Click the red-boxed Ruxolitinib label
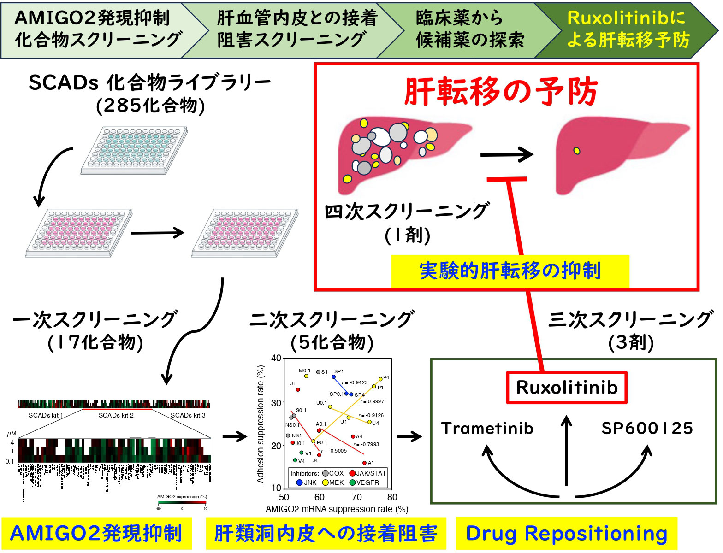(x=567, y=388)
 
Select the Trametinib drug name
(x=487, y=429)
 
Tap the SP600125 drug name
(x=647, y=429)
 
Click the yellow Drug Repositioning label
(x=567, y=534)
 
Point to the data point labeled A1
(x=364, y=463)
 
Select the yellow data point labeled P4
(x=380, y=379)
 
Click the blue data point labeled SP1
(x=334, y=377)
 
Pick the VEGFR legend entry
(x=364, y=482)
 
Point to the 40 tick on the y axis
(x=276, y=359)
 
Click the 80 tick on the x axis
(x=392, y=497)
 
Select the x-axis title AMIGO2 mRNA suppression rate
(x=337, y=509)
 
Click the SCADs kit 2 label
(x=116, y=415)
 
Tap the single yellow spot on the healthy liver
(x=576, y=151)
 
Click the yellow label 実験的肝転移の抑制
(x=510, y=271)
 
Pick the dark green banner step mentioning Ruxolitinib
(x=627, y=29)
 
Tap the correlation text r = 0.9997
(x=372, y=402)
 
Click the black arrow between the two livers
(x=506, y=155)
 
